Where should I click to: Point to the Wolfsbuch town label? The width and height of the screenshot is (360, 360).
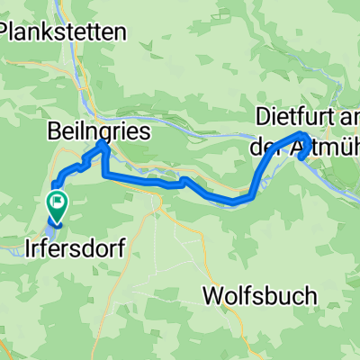coord(260,295)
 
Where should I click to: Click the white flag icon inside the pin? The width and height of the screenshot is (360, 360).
coord(58,202)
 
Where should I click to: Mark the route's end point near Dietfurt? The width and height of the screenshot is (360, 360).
coord(300,156)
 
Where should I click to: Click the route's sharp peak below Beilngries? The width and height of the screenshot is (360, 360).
coord(101,143)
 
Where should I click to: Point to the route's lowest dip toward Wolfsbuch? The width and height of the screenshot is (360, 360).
coord(234,202)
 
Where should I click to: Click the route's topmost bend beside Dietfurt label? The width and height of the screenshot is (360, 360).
coord(303,135)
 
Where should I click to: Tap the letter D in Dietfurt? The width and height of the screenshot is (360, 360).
coord(263,117)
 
